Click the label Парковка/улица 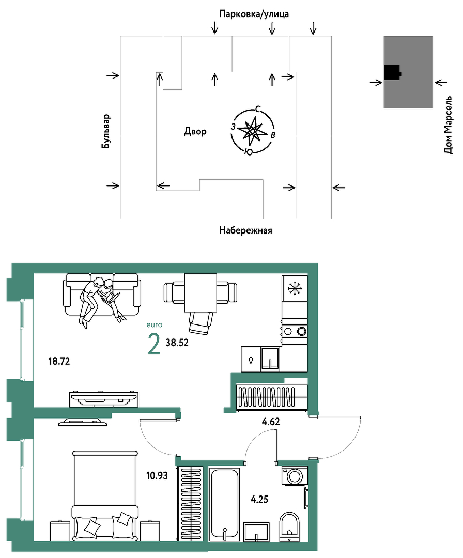254,14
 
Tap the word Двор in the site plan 195,132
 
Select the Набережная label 245,230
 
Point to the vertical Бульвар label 106,131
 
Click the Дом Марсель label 448,125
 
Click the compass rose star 252,131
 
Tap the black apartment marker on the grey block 392,73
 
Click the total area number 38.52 177,343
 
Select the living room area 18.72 59,362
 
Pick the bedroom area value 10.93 157,475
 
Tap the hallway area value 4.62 271,422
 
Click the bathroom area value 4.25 259,500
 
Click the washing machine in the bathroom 295,475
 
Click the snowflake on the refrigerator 295,288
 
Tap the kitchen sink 270,359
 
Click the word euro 155,325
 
